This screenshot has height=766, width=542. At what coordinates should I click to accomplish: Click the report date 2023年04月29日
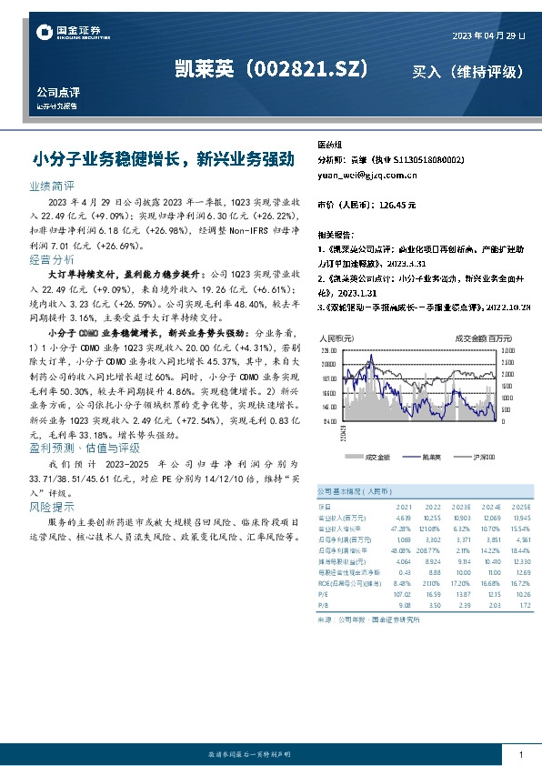click(x=488, y=35)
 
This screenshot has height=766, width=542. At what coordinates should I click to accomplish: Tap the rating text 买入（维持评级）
click(x=468, y=71)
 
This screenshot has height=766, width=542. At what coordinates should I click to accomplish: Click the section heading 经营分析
click(x=51, y=259)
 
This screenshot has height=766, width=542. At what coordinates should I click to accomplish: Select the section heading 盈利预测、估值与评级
click(x=85, y=447)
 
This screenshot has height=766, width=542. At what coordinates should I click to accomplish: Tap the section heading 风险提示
click(x=51, y=506)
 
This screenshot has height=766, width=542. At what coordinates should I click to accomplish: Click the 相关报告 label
click(x=336, y=234)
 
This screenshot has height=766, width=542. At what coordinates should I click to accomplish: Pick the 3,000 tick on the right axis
click(x=507, y=349)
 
